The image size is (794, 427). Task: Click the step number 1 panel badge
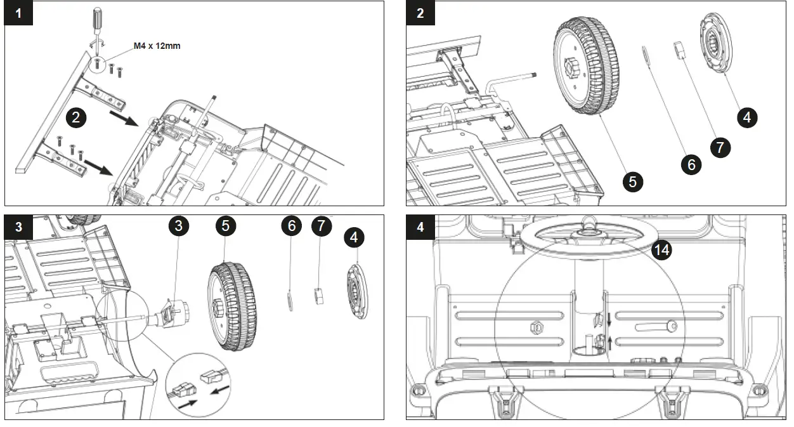(18, 13)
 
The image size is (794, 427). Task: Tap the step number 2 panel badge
(420, 13)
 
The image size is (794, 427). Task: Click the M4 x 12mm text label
(157, 46)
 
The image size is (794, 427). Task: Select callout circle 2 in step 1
(75, 117)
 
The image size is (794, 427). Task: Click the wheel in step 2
(586, 66)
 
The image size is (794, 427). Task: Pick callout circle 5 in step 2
(632, 181)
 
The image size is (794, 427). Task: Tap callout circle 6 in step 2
(691, 164)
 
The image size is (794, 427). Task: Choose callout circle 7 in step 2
(720, 147)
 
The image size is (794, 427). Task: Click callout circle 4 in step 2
(747, 117)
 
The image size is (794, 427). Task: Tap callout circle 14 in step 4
(661, 250)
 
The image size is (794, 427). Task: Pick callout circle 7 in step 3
(322, 226)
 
